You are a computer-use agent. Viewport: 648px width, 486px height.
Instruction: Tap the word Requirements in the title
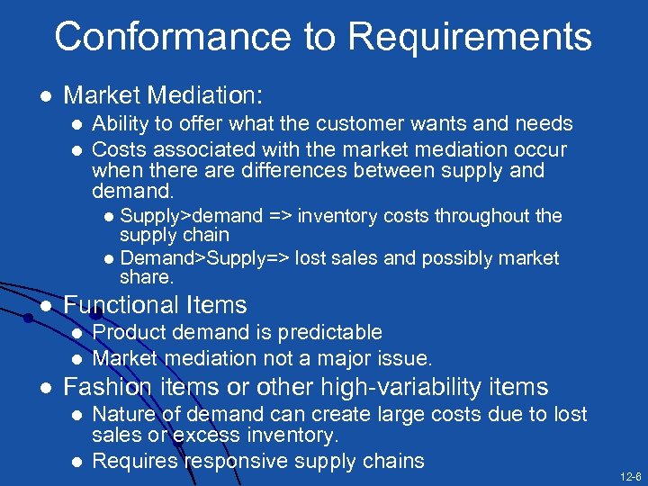469,38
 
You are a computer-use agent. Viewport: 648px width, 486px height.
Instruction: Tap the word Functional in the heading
118,306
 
